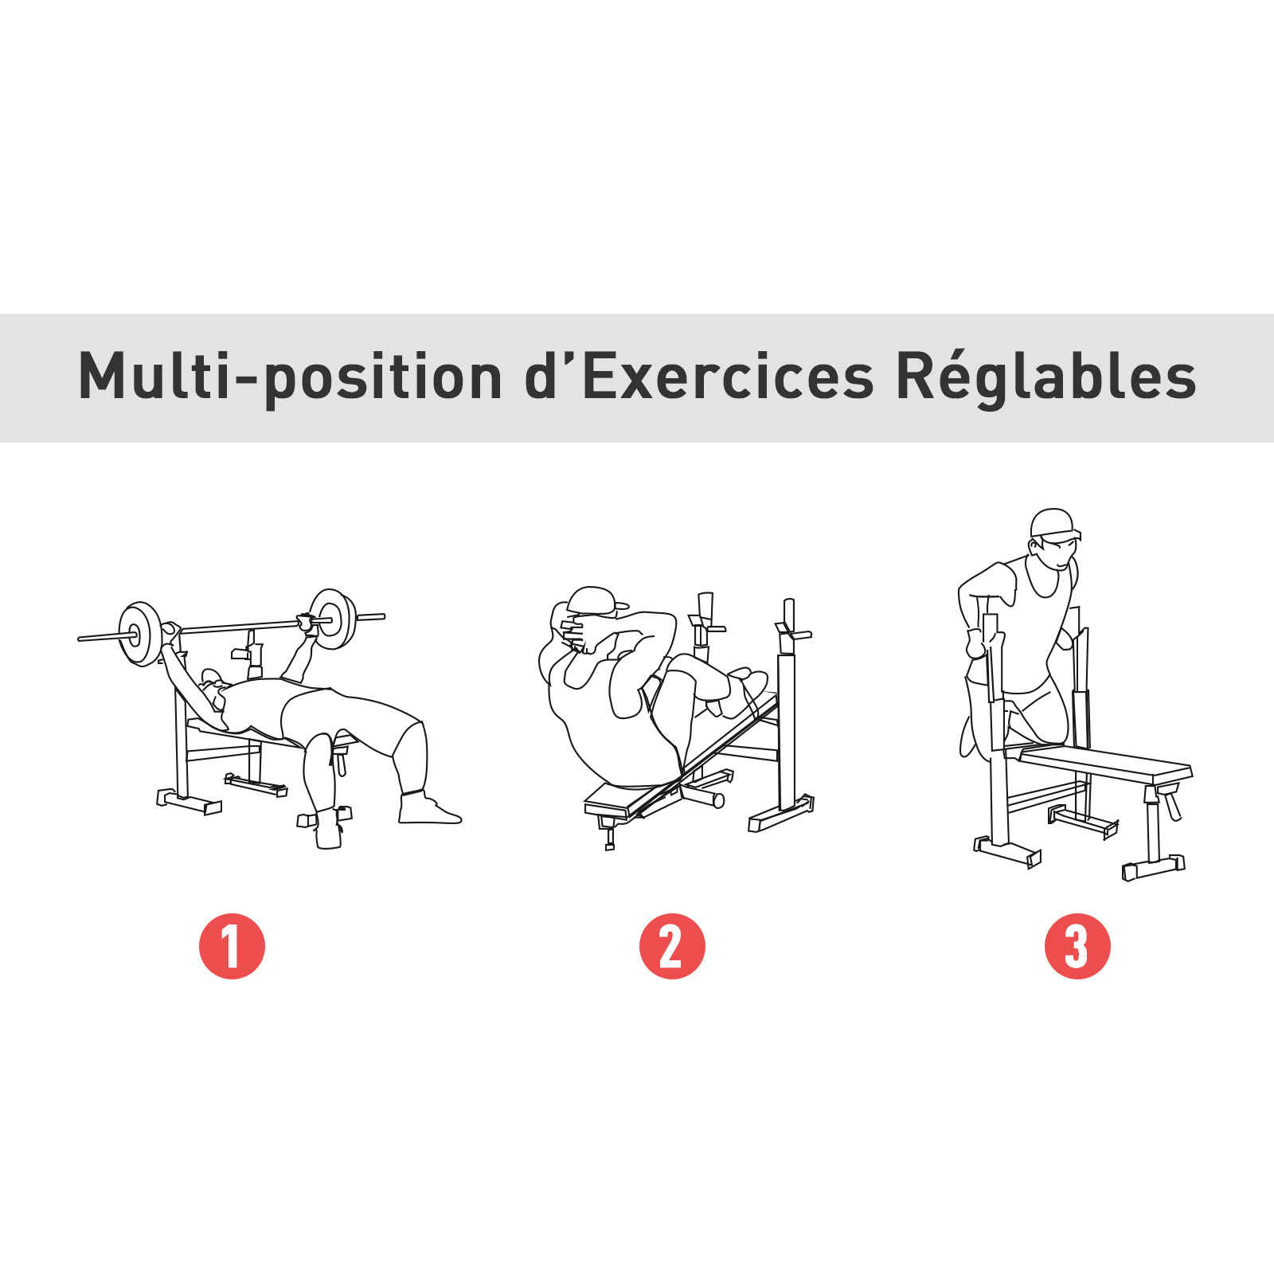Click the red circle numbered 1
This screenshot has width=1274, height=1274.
click(232, 946)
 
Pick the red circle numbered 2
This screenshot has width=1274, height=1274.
click(672, 946)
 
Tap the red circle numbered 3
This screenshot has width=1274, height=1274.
click(1077, 946)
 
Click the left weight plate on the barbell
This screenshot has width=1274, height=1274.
click(139, 634)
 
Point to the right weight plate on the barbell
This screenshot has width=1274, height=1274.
click(333, 619)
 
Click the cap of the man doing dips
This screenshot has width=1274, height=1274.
click(1054, 525)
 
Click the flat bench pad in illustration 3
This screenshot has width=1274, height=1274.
click(1105, 762)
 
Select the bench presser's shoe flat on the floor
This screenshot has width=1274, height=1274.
click(428, 807)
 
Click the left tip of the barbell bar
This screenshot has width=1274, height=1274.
click(79, 639)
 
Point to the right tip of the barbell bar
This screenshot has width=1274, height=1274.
click(384, 616)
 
